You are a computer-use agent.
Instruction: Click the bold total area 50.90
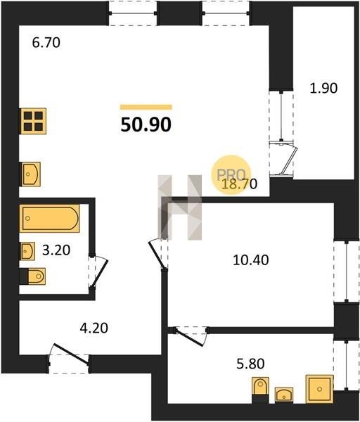click(x=146, y=125)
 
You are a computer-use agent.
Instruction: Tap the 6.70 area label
click(x=46, y=43)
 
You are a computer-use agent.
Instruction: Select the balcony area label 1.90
click(x=323, y=89)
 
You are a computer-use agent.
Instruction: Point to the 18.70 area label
click(x=239, y=184)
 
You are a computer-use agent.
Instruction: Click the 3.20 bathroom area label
click(x=56, y=250)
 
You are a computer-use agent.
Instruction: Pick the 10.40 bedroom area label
click(x=251, y=260)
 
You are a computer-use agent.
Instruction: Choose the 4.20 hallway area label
click(x=94, y=328)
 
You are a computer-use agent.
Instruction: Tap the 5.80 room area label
click(x=250, y=364)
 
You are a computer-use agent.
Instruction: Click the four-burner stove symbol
click(x=32, y=121)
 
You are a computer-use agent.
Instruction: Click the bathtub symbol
click(x=49, y=218)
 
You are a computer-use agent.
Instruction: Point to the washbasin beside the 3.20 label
click(x=27, y=251)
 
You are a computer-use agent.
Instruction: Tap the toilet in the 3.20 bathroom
click(x=32, y=276)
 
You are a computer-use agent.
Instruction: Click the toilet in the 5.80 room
click(x=260, y=390)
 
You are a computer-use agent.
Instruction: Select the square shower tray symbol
click(x=319, y=389)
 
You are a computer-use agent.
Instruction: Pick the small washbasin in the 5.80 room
click(x=284, y=395)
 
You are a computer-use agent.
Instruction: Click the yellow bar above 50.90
click(x=146, y=107)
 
